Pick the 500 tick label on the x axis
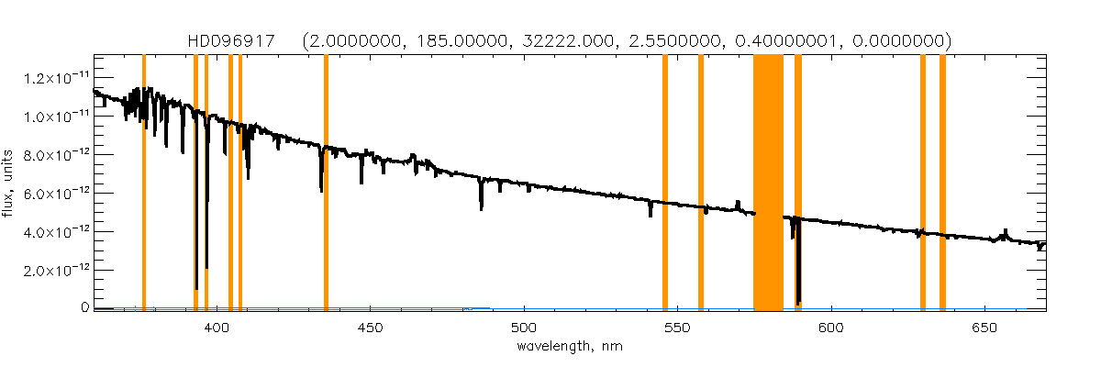[x=524, y=328]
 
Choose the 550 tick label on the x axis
[x=677, y=328]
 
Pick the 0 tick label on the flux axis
[x=82, y=308]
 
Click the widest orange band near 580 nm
[x=768, y=183]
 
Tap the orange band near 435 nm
[x=326, y=183]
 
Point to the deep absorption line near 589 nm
[x=799, y=275]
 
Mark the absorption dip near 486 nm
[x=482, y=197]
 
